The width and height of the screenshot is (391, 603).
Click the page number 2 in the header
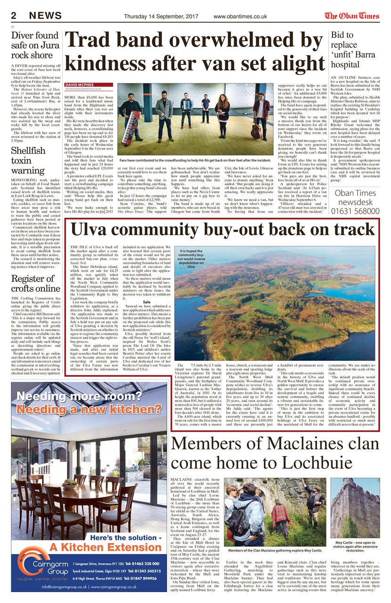tap(14, 16)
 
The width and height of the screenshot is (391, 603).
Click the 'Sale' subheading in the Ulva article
tap(147, 301)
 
